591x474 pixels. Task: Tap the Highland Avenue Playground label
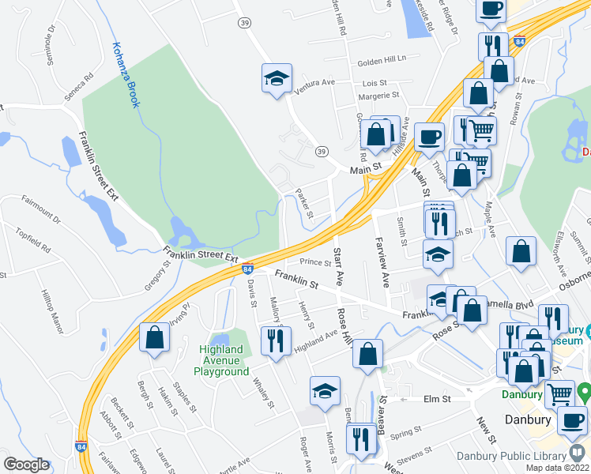tap(221, 360)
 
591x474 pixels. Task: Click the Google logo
tap(26, 465)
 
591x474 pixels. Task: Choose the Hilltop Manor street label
tap(52, 305)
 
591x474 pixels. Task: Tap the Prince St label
tap(315, 262)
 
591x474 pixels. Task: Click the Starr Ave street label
tap(339, 266)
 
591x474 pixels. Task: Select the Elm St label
tap(437, 399)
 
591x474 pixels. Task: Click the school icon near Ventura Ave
tap(277, 78)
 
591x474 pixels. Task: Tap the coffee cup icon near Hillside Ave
tap(429, 137)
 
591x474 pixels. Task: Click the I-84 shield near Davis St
tap(247, 269)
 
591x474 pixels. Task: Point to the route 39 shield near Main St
tap(321, 151)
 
